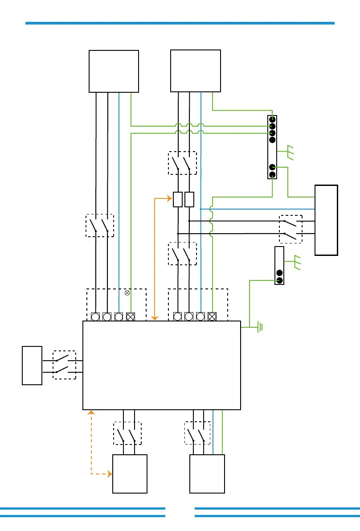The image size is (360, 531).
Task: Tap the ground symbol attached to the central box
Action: point(259,327)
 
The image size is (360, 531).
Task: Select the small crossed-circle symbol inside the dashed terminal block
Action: point(127,293)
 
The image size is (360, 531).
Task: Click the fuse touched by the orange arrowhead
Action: point(178,199)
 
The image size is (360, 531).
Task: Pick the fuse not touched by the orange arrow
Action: point(189,199)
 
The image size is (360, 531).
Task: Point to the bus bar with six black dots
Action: point(272,147)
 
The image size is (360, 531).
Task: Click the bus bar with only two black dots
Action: point(279,265)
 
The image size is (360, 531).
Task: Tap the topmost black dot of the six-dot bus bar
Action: point(272,119)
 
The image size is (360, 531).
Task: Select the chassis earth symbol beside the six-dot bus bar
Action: point(290,152)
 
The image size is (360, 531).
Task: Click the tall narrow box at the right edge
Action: point(326,220)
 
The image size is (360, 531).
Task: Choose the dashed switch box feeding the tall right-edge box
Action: point(290,229)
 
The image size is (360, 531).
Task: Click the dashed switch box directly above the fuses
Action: point(183,163)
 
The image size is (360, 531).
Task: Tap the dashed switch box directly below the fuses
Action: point(183,254)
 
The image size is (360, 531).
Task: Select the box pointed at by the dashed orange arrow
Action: point(130,473)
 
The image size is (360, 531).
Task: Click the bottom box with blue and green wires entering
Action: point(207,473)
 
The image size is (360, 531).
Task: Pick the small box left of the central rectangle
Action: point(32,365)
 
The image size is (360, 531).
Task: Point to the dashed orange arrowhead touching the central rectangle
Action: point(91,412)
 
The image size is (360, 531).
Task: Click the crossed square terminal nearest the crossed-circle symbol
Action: point(131,317)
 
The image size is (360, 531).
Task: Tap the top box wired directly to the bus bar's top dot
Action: point(196,70)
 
